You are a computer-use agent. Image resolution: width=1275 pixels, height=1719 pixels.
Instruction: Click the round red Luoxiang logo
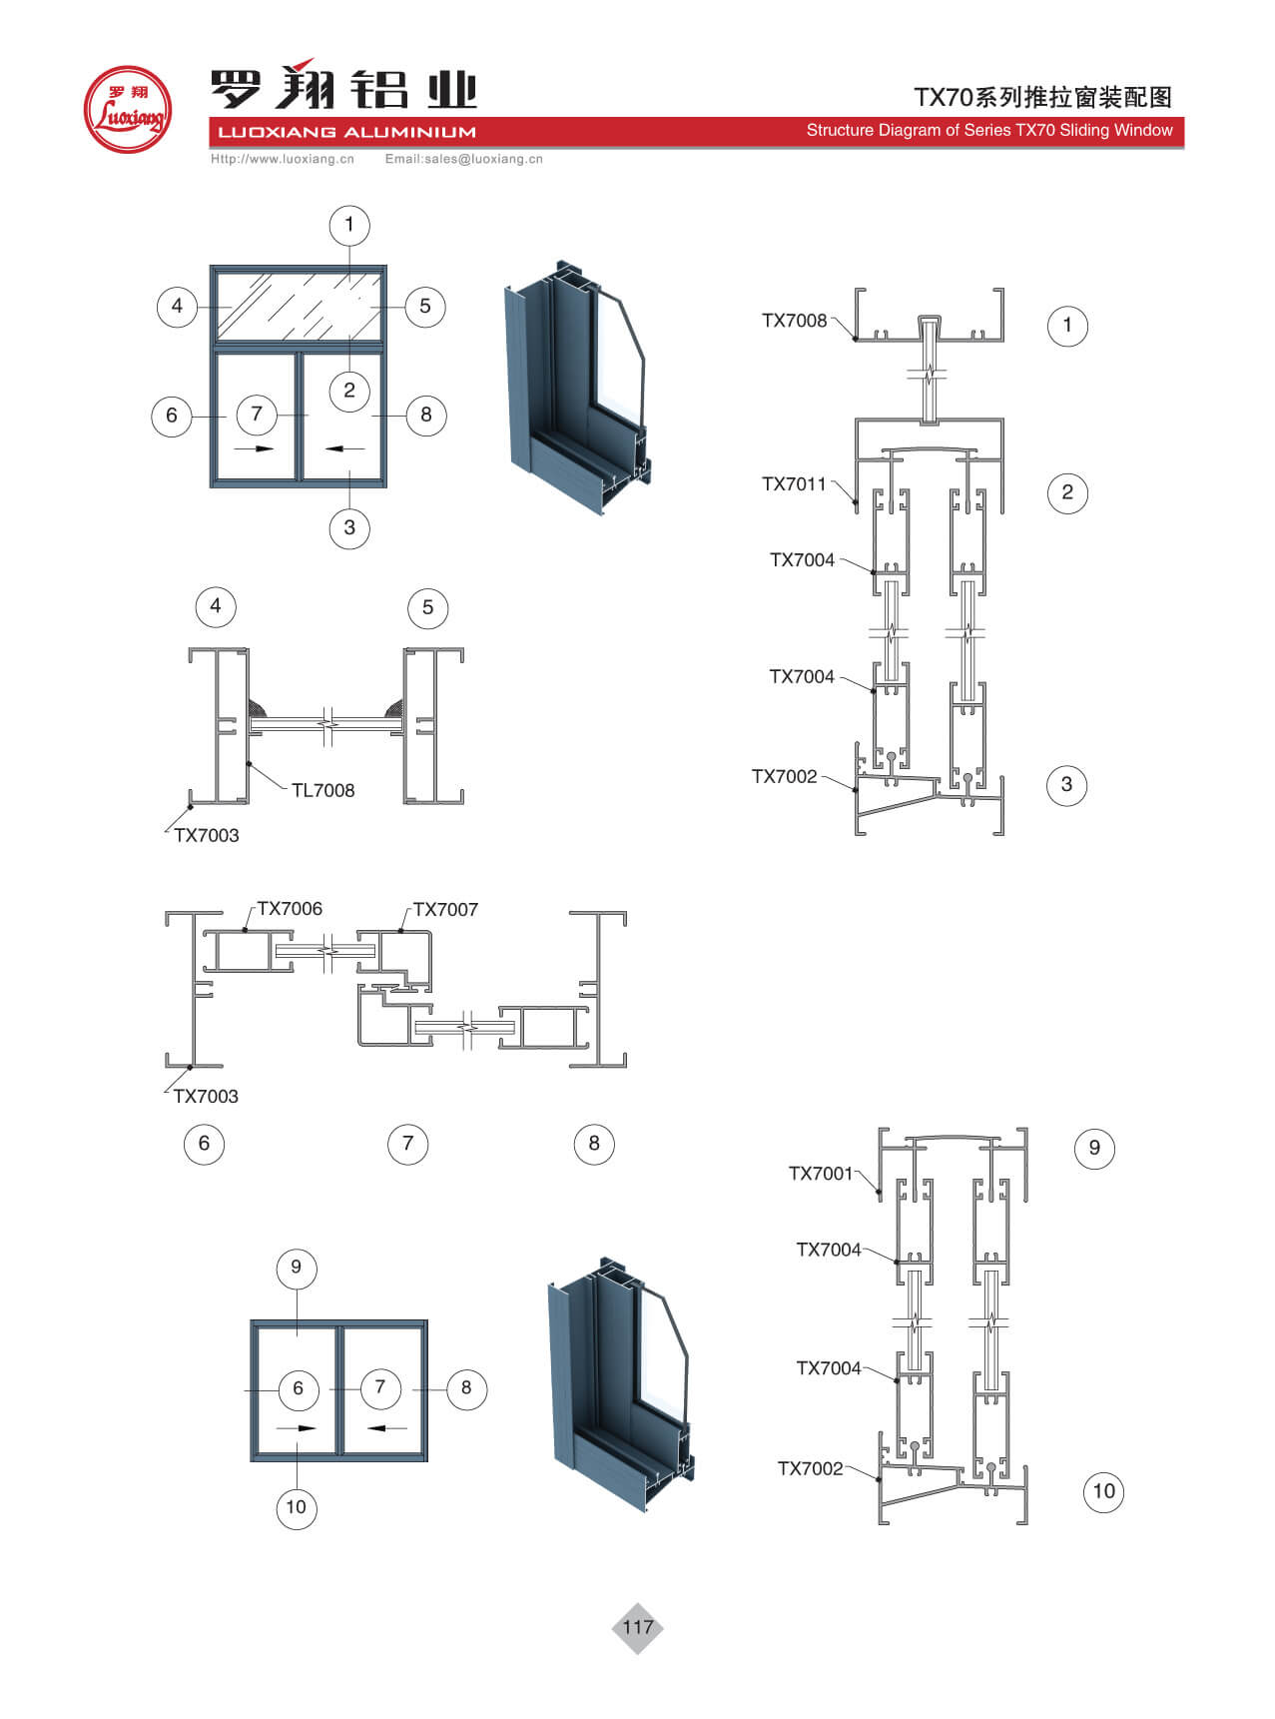[127, 109]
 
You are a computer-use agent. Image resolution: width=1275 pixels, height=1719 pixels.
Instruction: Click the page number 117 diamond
[637, 1627]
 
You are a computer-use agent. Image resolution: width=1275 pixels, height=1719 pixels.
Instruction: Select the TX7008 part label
[794, 321]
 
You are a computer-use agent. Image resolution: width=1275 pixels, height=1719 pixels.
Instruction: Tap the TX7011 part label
[794, 484]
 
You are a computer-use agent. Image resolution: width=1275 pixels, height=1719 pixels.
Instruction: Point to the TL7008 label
[322, 790]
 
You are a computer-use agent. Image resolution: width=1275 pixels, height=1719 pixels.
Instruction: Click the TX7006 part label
[290, 909]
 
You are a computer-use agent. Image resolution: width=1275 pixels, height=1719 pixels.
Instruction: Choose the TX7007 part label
[445, 910]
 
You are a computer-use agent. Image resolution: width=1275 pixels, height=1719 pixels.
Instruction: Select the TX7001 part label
[821, 1174]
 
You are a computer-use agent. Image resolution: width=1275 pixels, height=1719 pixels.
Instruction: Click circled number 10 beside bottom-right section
[1103, 1491]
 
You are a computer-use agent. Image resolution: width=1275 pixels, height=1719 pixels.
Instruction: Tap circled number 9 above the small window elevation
[296, 1268]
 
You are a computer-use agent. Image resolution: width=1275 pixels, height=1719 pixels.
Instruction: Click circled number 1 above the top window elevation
[348, 224]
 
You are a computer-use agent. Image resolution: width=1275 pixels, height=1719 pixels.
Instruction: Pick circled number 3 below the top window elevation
[348, 527]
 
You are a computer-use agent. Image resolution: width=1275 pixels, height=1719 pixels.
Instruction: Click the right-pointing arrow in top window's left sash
[255, 448]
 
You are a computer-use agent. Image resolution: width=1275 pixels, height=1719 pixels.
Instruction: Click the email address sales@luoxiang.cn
[464, 159]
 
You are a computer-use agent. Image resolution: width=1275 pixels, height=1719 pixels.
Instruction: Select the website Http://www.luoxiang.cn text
[283, 159]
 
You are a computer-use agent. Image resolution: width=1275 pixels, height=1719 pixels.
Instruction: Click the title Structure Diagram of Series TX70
[988, 131]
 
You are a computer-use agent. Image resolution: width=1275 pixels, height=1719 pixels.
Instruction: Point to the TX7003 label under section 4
[207, 836]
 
